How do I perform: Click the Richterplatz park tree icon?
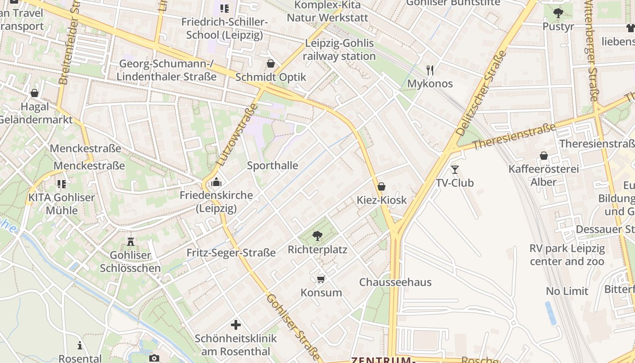(x=317, y=235)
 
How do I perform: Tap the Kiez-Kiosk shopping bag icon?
(x=381, y=186)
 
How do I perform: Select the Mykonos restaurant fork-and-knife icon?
(x=430, y=70)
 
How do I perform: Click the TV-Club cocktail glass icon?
(x=455, y=169)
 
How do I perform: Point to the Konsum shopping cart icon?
(x=321, y=279)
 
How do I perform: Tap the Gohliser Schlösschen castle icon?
(x=131, y=241)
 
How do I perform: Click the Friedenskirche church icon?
(x=216, y=182)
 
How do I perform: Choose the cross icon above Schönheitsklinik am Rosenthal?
(x=235, y=325)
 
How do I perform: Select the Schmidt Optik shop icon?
(x=271, y=64)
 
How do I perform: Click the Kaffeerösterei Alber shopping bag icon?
(x=543, y=156)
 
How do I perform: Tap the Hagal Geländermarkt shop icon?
(x=34, y=93)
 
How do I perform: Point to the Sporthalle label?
(x=273, y=166)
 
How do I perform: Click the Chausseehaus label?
(x=396, y=282)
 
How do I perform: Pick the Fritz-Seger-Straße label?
(x=231, y=253)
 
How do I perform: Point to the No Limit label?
(x=567, y=291)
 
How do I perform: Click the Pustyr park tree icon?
(x=558, y=13)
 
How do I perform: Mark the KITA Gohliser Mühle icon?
(x=62, y=184)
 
